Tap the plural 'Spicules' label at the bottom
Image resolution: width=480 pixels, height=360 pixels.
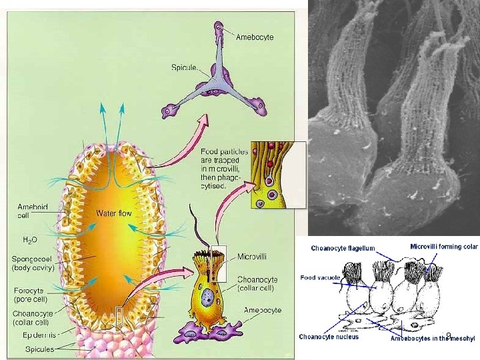41,349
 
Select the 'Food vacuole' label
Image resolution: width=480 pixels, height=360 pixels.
321,277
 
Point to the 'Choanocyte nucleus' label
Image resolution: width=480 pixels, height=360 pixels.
329,337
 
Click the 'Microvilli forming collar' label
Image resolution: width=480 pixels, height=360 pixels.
443,246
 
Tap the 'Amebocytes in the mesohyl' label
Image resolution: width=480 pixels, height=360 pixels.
433,338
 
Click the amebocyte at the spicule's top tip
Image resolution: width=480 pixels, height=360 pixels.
219,29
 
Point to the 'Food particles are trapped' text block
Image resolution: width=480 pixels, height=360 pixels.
224,169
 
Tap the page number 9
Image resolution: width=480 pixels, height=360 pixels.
449,335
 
